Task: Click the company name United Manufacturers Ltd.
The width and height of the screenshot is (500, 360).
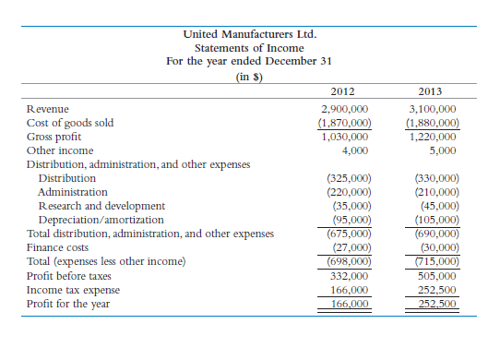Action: tap(250, 34)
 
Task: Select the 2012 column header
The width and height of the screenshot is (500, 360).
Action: tap(343, 91)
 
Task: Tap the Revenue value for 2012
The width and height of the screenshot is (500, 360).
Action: tap(344, 109)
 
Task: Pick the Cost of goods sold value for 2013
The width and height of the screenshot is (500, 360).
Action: tap(433, 123)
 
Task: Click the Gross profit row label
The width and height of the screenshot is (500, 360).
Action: tap(54, 137)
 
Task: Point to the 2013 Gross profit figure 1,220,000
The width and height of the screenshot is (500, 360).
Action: tap(433, 137)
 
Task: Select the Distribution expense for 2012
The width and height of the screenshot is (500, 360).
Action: tap(349, 178)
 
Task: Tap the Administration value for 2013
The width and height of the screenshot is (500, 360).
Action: tap(433, 192)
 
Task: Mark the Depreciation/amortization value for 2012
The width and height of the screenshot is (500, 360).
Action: tap(351, 220)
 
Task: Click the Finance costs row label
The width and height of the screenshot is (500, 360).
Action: tap(57, 247)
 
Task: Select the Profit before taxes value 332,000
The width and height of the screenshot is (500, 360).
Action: tap(349, 275)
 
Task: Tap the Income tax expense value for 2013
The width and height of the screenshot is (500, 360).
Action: tap(436, 289)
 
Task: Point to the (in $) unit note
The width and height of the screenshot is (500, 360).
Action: tap(250, 76)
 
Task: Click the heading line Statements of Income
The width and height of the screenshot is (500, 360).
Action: tap(250, 48)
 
